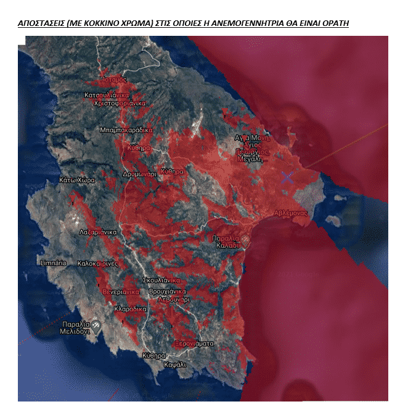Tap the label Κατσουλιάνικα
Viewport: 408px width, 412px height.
tap(107, 96)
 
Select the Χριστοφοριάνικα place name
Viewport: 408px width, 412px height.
tap(119, 104)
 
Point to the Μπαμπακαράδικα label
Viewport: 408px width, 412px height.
tap(126, 130)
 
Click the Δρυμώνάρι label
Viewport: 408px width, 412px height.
tap(139, 174)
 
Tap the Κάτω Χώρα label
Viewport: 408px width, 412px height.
tap(76, 181)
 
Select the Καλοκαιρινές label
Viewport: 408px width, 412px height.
tap(98, 263)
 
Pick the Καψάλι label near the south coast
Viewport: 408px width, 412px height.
tap(175, 364)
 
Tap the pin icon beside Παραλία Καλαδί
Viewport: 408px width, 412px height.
tap(245, 238)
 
